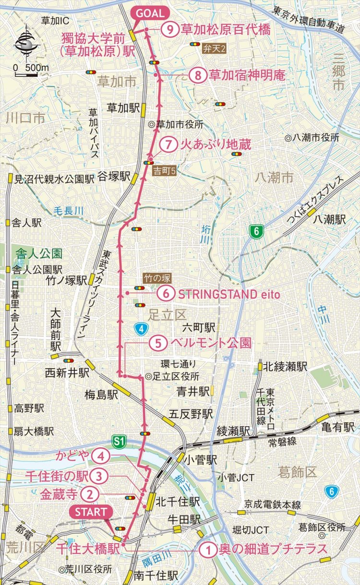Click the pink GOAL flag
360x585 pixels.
click(x=149, y=13)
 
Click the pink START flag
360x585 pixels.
click(x=91, y=512)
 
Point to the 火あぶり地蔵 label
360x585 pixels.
click(x=215, y=144)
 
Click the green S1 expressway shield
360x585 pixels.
click(x=119, y=441)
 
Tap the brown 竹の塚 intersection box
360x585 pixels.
click(x=157, y=278)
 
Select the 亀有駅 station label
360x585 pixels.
click(x=338, y=427)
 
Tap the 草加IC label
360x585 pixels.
click(x=55, y=20)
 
